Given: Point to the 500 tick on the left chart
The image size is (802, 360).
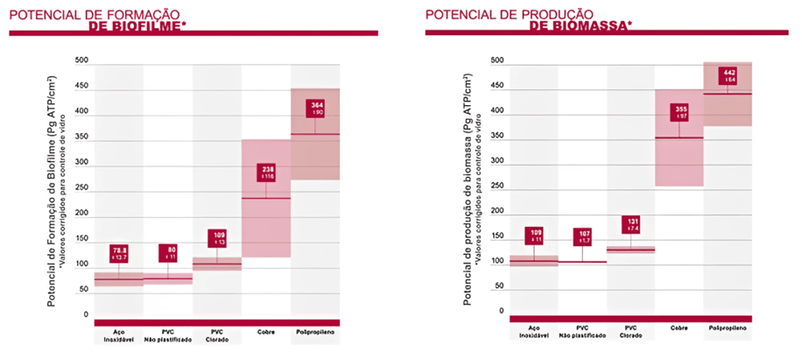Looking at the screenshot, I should point(81,60).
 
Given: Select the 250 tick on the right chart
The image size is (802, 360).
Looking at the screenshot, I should point(497,187).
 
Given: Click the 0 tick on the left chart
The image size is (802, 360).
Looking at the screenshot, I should point(86,314).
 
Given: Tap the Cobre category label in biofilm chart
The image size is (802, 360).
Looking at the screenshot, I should point(266,332).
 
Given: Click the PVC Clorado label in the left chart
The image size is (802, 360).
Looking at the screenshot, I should point(217,335).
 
